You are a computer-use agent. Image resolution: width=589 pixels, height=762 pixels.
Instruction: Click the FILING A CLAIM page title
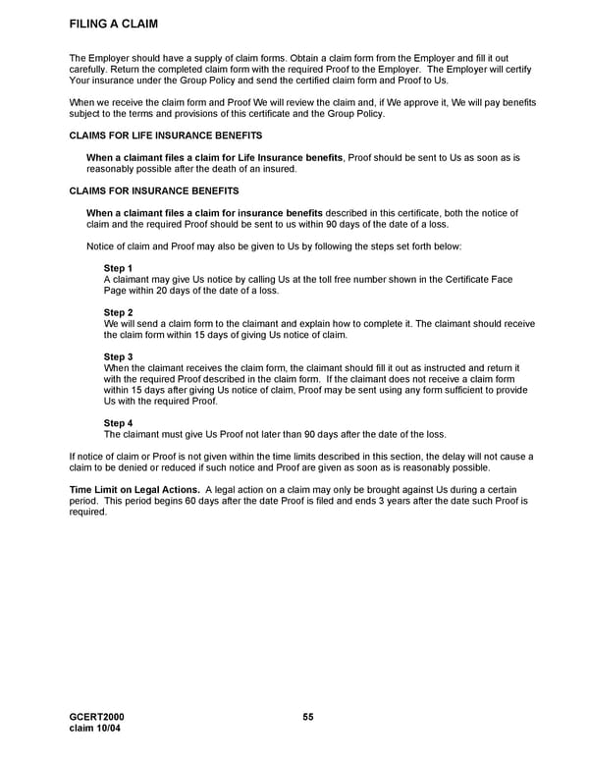114,24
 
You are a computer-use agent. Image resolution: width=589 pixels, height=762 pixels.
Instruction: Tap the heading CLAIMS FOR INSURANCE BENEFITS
154,190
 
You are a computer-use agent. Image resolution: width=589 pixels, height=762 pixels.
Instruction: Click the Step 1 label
118,268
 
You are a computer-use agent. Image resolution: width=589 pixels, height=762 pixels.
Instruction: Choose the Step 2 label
118,312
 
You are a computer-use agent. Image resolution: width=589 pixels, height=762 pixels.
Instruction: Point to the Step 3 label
118,356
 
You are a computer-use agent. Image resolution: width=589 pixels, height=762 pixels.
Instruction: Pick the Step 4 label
118,423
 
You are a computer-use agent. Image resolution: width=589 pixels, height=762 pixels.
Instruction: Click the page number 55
308,718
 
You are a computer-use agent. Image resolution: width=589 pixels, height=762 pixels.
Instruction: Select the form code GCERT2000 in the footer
96,718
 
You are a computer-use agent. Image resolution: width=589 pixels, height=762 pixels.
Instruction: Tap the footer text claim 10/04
94,729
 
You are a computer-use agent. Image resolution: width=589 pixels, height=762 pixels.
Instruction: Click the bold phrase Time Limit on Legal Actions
134,490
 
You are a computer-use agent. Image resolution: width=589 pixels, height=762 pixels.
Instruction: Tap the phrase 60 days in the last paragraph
212,501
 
